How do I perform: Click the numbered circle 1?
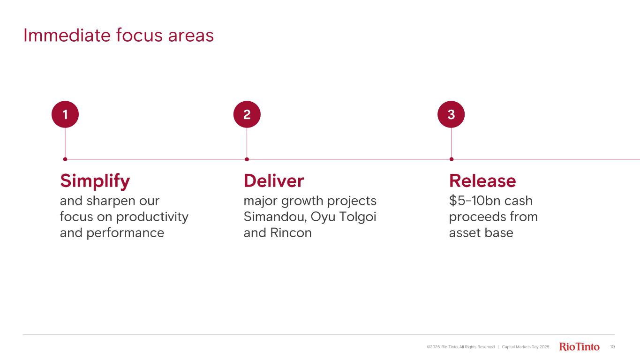point(65,114)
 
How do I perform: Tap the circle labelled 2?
point(247,114)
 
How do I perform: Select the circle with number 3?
point(451,114)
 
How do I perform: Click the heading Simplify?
point(95,181)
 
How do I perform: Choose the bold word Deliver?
point(274,181)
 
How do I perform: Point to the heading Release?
point(482,181)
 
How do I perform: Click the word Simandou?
point(275,217)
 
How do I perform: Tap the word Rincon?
point(291,233)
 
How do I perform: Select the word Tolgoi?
point(358,217)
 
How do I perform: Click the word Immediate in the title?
point(67,36)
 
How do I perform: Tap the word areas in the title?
point(191,37)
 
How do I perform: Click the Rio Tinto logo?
point(579,346)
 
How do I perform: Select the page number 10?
point(612,346)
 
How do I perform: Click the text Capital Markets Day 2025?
point(526,347)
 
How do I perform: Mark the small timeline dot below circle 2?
point(247,159)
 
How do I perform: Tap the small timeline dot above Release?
point(452,159)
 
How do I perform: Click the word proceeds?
point(475,217)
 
